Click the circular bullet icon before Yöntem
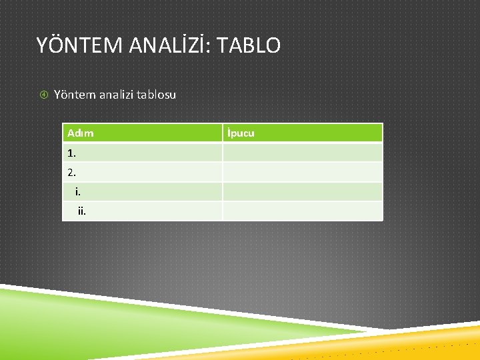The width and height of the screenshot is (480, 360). click(43, 95)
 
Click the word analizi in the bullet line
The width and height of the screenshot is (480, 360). click(115, 95)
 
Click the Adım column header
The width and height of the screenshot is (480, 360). click(81, 133)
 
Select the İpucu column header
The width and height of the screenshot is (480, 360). click(241, 133)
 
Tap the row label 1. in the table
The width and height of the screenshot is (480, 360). click(72, 153)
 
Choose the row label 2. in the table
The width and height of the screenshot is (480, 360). click(72, 172)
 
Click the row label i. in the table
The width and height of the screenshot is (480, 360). click(78, 192)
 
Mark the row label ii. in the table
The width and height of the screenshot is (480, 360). click(81, 211)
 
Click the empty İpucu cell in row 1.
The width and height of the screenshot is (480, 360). click(302, 153)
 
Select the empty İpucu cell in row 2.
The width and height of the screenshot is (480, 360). click(302, 172)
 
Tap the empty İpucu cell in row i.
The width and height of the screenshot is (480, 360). click(302, 192)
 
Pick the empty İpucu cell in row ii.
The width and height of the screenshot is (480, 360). click(302, 211)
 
